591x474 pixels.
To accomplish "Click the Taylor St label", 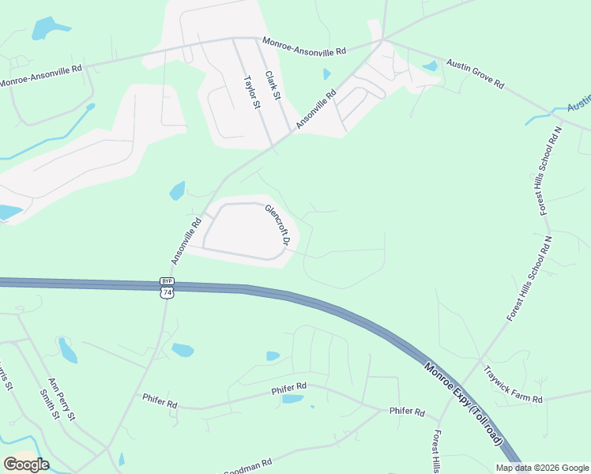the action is pos(251,93).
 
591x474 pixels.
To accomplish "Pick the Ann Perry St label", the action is pos(61,399).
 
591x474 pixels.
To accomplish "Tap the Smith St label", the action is pos(49,404).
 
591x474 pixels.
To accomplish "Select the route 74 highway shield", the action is pos(166,292).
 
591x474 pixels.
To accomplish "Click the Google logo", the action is pos(26,464).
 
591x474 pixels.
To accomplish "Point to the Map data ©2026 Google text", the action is pos(542,468).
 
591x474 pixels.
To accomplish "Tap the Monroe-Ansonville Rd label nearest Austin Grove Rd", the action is pos(304,51).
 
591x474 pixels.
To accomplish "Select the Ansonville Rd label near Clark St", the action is pos(316,109).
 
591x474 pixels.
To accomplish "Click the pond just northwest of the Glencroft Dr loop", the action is pos(177,191).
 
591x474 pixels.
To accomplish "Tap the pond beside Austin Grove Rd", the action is pos(430,66).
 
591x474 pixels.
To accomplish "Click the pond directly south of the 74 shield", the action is pos(183,350).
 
